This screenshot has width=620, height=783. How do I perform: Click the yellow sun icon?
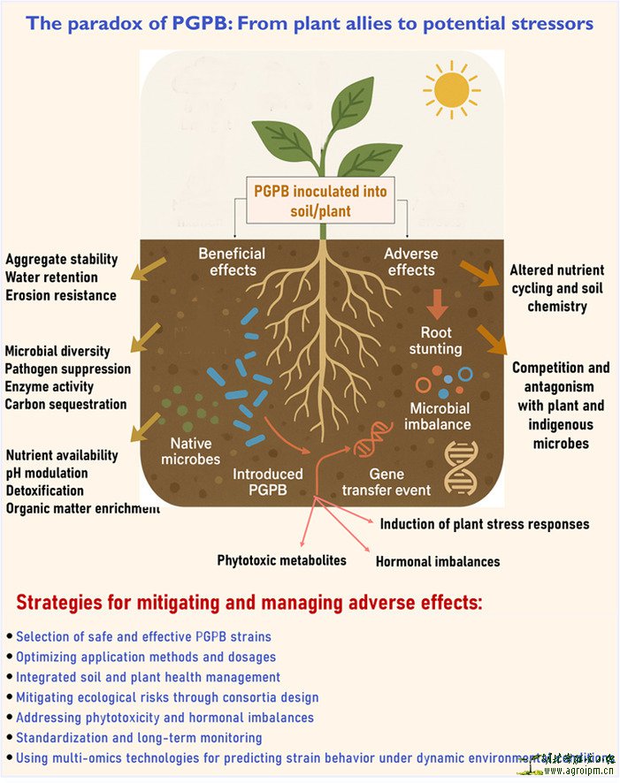pos(451,88)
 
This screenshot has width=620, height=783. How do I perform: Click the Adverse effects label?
pos(410,261)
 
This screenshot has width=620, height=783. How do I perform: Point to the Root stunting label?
pos(435,340)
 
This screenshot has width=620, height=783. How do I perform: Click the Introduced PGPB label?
pos(268,482)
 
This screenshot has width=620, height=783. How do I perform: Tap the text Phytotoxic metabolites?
pos(282,559)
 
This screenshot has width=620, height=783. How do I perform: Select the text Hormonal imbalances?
pos(438,561)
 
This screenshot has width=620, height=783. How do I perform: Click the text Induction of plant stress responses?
pos(485,524)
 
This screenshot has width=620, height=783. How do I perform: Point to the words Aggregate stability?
pos(62,259)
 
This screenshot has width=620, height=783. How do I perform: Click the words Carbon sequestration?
pos(65,404)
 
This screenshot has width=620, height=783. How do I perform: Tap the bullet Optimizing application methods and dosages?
pos(146,657)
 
